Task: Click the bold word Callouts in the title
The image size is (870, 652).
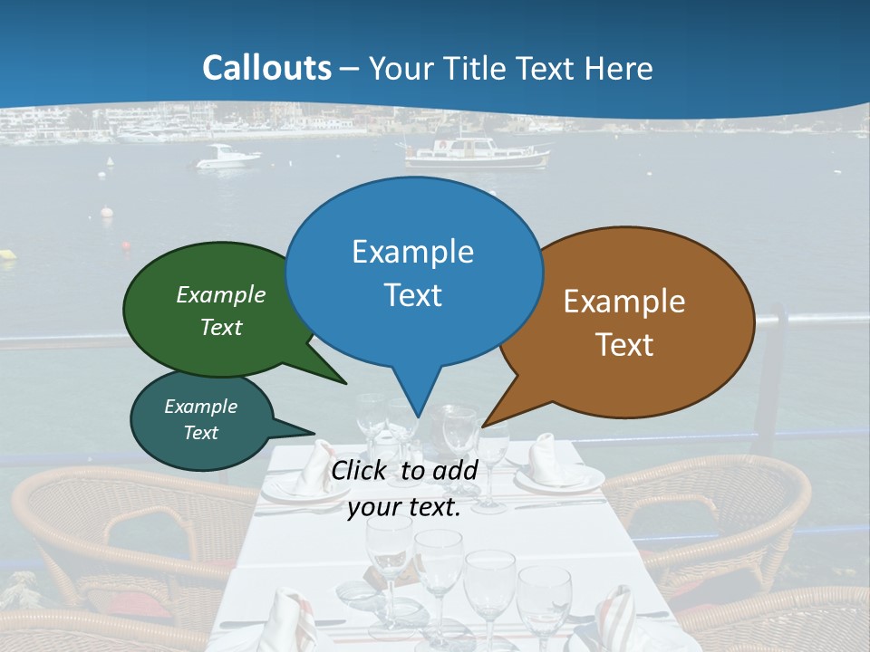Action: (266, 68)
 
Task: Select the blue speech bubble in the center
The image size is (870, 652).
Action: (413, 272)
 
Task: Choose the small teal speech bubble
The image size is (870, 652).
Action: (201, 419)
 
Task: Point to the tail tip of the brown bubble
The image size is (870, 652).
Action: (485, 424)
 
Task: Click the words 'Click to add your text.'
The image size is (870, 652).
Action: (404, 489)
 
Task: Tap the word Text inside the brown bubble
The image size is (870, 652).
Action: (625, 345)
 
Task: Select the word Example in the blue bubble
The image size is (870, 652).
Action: (413, 252)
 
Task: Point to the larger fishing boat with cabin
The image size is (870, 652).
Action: (477, 152)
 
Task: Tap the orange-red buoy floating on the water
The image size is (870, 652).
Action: (125, 244)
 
